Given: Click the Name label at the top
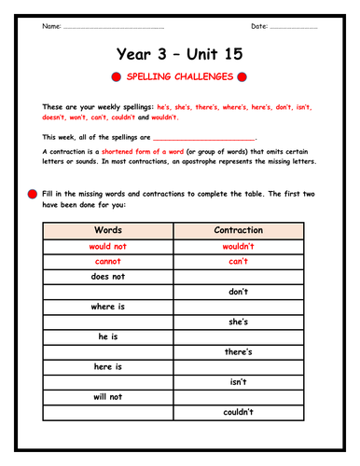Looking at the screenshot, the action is point(51,25).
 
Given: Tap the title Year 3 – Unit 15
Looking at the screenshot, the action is point(180,55).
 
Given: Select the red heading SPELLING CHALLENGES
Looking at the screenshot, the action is point(180,80).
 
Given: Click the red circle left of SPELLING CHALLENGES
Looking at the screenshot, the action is point(116,80).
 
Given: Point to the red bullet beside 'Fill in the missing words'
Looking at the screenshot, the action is point(34,193).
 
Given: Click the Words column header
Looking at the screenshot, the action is point(107,230).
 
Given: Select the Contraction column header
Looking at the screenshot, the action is point(239,230).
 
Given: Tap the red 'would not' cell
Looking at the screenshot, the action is point(107,247).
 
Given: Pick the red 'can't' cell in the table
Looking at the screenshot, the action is point(239,262).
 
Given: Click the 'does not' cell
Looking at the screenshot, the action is point(107,277).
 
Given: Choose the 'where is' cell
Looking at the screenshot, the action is point(107,307).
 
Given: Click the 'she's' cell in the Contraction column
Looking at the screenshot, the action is point(239,322).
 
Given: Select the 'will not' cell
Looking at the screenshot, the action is point(107,396).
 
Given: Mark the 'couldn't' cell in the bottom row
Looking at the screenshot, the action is point(239,411).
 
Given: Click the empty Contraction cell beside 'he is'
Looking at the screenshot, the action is point(239,336).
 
